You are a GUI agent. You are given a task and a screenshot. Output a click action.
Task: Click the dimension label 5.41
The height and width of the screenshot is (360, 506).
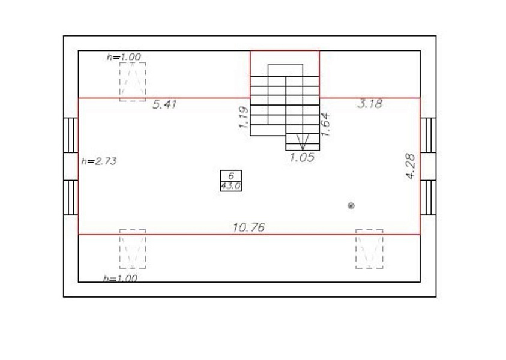(164, 105)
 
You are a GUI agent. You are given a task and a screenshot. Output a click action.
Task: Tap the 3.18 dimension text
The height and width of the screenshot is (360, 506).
(370, 104)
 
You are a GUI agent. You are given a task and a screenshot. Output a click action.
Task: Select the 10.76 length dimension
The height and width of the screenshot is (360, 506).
(249, 228)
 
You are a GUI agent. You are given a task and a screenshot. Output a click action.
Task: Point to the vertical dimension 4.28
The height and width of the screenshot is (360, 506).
(411, 166)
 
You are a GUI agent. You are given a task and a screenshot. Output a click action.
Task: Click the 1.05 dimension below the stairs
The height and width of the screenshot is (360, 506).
(302, 158)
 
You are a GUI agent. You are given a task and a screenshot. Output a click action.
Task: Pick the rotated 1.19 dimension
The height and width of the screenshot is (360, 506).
(244, 118)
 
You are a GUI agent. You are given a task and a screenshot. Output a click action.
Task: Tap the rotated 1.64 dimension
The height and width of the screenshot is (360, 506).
(325, 125)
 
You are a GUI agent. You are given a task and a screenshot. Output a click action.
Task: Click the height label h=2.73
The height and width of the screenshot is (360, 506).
(99, 161)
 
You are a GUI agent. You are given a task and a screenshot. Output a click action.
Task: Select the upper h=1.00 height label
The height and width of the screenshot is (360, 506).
(124, 57)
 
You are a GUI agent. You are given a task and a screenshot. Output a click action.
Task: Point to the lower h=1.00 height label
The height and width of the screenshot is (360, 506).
(120, 278)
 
